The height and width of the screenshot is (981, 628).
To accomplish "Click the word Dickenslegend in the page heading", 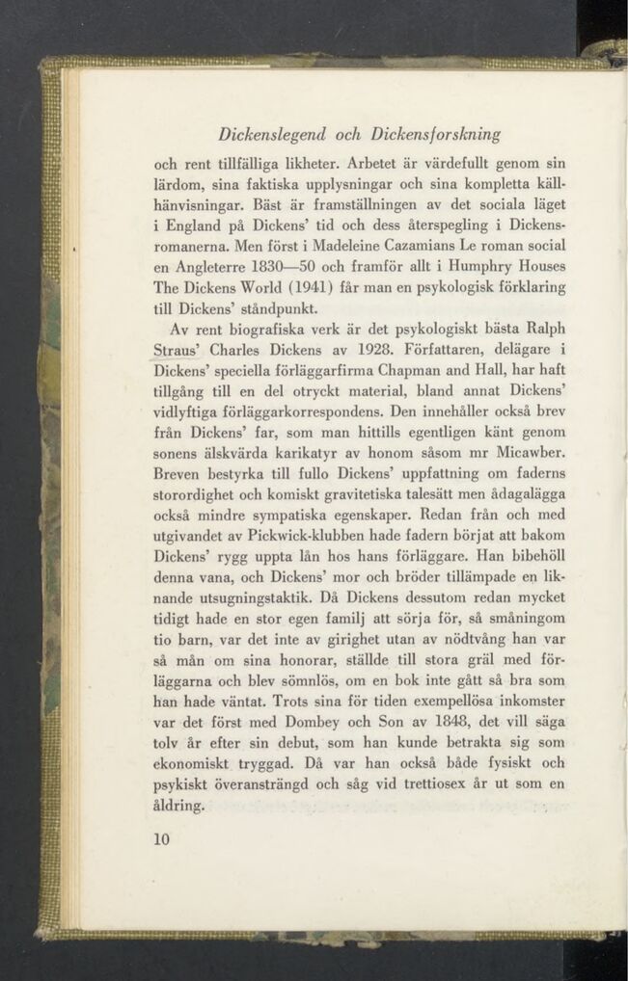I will click(x=274, y=132).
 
